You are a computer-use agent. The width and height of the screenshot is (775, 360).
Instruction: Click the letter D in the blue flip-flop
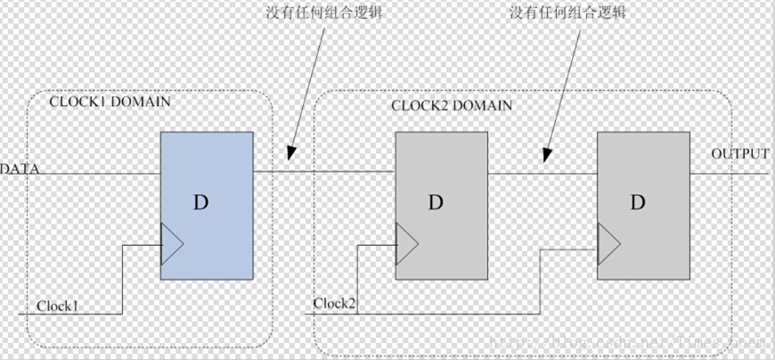tap(201, 202)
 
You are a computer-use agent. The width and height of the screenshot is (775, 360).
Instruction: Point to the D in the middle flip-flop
tap(435, 202)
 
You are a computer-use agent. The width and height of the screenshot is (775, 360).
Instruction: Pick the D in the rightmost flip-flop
tap(638, 202)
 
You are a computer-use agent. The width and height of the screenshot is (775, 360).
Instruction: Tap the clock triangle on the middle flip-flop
tap(406, 239)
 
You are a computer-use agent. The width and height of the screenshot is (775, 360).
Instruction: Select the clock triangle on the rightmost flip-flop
tap(608, 239)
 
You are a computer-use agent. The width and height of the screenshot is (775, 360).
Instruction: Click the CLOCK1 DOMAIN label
tap(110, 102)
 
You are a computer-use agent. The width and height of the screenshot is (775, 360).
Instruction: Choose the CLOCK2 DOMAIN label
tap(452, 105)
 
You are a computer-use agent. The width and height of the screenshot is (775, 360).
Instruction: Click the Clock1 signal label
tap(57, 306)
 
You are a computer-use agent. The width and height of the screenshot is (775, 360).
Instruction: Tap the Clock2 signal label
tap(335, 304)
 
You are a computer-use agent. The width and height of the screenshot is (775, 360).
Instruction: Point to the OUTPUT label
tap(739, 154)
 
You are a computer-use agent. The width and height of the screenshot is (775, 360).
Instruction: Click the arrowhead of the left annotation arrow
tap(288, 160)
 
